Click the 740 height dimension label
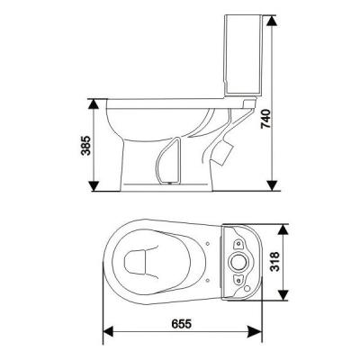[266, 119]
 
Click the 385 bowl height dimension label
[85, 146]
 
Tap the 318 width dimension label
[274, 262]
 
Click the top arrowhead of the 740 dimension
[272, 21]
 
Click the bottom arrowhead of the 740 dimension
[272, 184]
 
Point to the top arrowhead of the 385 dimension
[94, 105]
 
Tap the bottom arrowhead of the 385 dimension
[94, 185]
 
